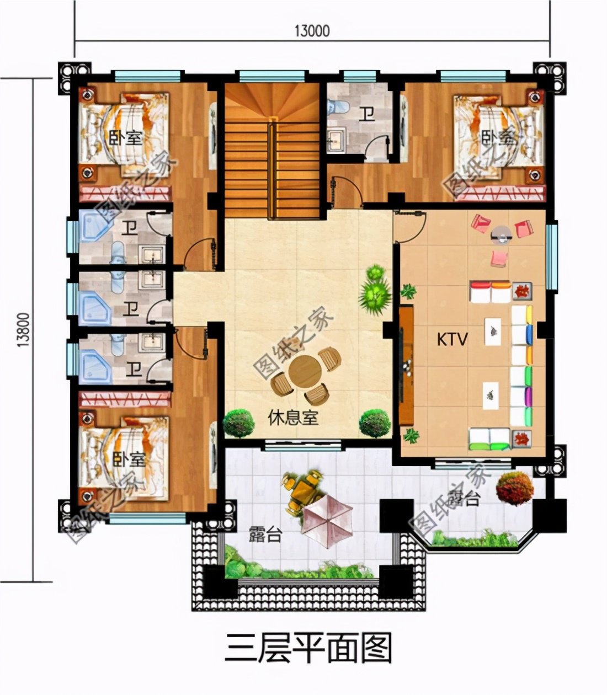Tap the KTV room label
click(x=452, y=339)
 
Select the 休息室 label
click(x=293, y=418)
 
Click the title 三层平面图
click(x=308, y=648)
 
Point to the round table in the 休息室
click(x=305, y=371)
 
